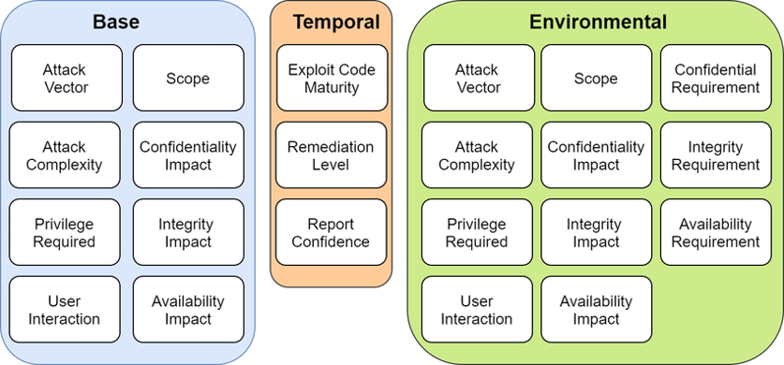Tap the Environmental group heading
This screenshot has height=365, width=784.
[598, 22]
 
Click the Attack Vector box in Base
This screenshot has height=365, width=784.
[64, 79]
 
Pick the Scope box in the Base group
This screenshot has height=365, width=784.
[188, 79]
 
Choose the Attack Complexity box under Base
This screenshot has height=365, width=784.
[64, 155]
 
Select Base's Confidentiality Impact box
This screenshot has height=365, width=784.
[188, 155]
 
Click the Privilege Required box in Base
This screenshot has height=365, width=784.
[64, 233]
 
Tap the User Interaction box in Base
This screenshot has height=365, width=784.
[64, 310]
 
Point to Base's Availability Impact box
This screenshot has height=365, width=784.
[188, 310]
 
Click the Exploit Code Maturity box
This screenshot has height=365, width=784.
[331, 79]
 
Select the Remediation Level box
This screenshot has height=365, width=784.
[331, 155]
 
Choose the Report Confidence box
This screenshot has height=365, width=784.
[331, 233]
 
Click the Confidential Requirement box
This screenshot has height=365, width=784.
[716, 79]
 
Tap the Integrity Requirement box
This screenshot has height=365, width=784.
[716, 155]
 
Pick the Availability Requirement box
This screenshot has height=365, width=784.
[716, 233]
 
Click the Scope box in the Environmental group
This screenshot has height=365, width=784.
[596, 79]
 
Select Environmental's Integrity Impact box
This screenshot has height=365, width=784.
[596, 233]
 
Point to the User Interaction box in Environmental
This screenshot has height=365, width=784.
[477, 310]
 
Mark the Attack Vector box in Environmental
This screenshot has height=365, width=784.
[477, 79]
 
